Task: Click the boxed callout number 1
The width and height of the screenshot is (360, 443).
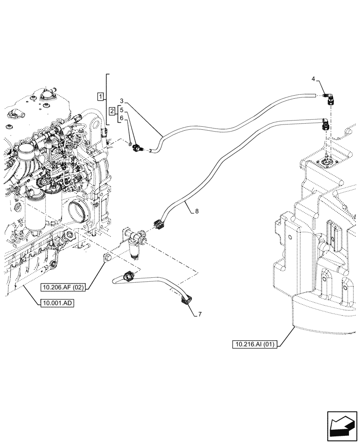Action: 101,96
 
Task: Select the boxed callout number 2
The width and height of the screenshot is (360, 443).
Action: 113,110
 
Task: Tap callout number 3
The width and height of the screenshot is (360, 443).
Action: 121,101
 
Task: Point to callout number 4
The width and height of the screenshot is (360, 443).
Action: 313,79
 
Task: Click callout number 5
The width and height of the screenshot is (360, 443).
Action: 121,110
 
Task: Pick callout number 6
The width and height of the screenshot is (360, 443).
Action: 121,118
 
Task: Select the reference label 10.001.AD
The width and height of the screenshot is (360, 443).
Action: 56,303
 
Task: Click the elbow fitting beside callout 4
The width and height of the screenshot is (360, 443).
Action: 330,98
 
